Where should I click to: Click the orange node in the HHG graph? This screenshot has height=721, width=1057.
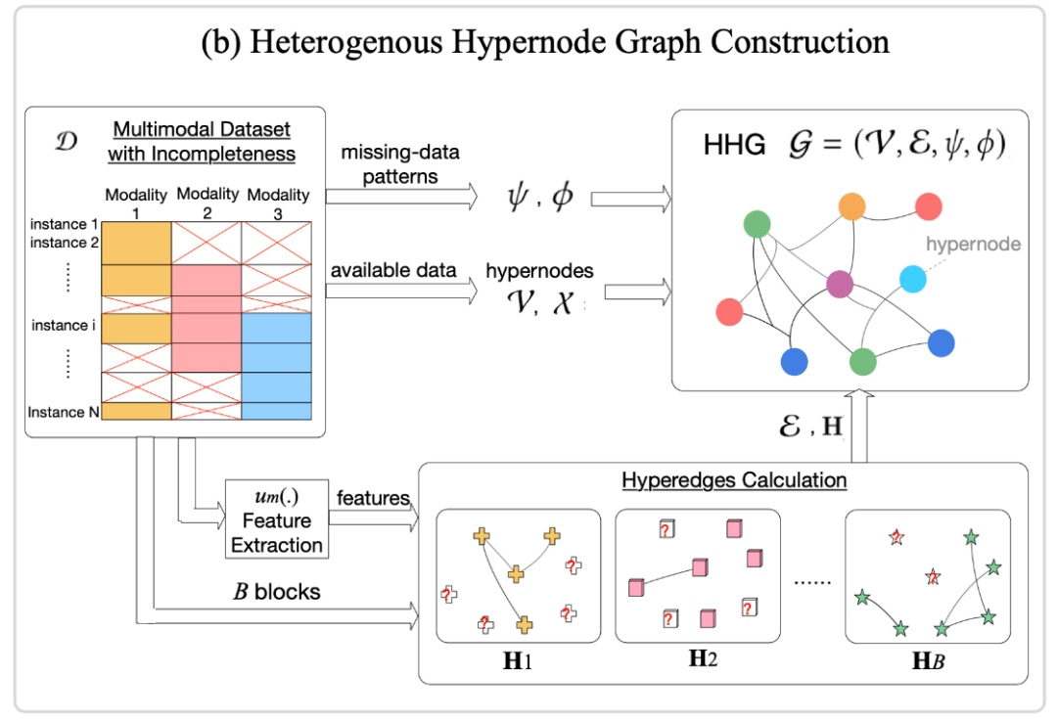[x=851, y=207]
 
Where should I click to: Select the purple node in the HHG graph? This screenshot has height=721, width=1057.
[x=840, y=285]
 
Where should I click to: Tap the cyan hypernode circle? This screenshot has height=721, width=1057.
[x=912, y=279]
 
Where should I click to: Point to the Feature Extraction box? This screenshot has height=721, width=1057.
[x=276, y=518]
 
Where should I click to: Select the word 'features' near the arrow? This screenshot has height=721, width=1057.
[x=373, y=498]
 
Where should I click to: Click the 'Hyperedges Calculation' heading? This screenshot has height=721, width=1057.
[x=734, y=480]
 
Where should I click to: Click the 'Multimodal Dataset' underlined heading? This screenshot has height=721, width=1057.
[x=202, y=129]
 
